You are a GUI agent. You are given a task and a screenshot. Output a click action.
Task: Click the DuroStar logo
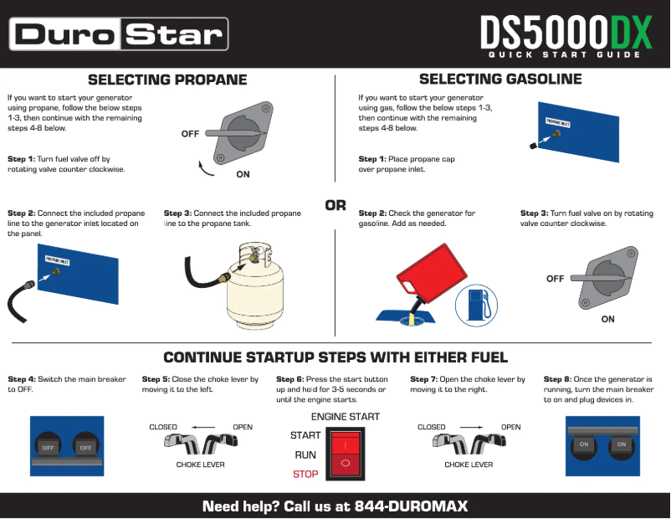point(119,34)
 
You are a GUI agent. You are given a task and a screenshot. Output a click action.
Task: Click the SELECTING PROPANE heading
point(167,80)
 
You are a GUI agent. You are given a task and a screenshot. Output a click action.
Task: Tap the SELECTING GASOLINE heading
point(500,80)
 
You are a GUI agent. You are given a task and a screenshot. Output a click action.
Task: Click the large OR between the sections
point(335,205)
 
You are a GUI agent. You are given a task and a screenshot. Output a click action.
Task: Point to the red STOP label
point(306,475)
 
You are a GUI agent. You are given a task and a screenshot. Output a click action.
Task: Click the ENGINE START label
point(346,417)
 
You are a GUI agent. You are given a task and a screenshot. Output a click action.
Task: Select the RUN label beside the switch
point(305,455)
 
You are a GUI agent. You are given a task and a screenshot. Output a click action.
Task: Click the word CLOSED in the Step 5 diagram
point(164,427)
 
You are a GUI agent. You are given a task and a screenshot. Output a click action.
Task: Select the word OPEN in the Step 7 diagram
point(510,427)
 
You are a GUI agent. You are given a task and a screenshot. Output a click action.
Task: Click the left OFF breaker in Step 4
point(49,447)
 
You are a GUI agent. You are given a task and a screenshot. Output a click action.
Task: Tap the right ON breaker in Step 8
point(621,444)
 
